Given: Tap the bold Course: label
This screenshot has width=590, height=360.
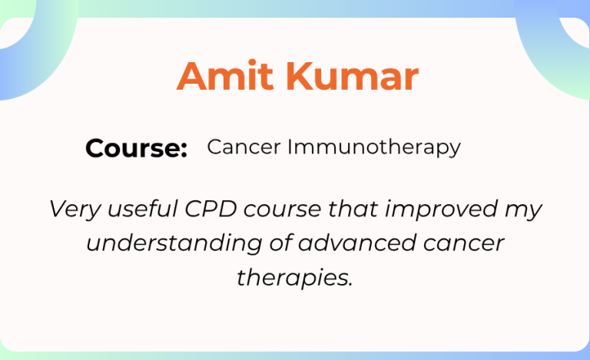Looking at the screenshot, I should pos(137,148).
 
